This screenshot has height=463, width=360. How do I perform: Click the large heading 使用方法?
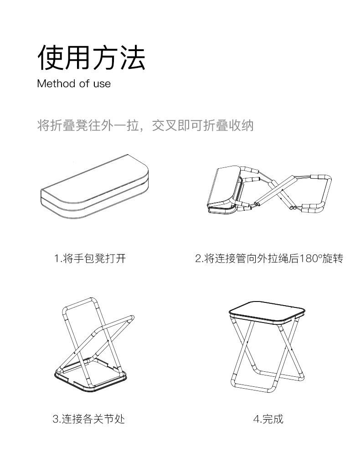pyautogui.click(x=92, y=57)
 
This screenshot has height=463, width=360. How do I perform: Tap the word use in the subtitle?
pyautogui.click(x=102, y=84)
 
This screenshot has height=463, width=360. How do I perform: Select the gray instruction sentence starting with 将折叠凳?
pyautogui.click(x=145, y=126)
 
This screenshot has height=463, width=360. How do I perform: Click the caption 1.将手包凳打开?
pyautogui.click(x=90, y=258)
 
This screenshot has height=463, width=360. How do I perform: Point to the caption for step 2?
pyautogui.click(x=269, y=258)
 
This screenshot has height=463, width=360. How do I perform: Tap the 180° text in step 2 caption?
pyautogui.click(x=310, y=258)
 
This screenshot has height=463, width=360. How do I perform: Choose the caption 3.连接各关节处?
pyautogui.click(x=89, y=419)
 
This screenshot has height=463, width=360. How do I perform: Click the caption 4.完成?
pyautogui.click(x=268, y=419)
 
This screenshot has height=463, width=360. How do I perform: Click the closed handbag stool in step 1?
pyautogui.click(x=94, y=187)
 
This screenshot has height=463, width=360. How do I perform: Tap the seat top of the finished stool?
pyautogui.click(x=267, y=312)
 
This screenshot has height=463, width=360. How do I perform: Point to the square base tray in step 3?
pyautogui.click(x=91, y=375)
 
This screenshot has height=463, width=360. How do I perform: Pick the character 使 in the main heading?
pyautogui.click(x=51, y=57)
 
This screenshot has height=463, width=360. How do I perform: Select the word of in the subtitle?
pyautogui.click(x=84, y=83)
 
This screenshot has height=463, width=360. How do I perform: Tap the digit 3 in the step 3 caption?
pyautogui.click(x=56, y=419)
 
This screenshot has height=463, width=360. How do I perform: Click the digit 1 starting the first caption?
pyautogui.click(x=57, y=259)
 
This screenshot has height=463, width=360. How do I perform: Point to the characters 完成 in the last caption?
pyautogui.click(x=273, y=419)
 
